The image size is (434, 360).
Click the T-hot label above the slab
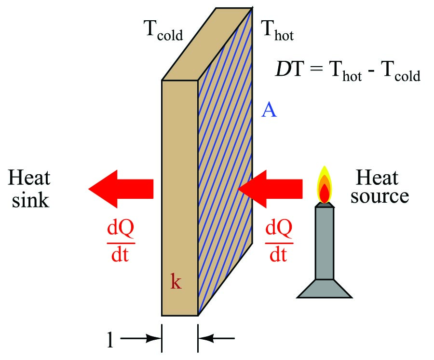point(277,31)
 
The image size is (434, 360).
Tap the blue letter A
point(269,111)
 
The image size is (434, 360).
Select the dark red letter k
point(176,281)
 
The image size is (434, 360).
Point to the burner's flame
point(325,186)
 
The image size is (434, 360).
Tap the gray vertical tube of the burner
point(324,241)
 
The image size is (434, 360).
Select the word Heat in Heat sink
point(29,179)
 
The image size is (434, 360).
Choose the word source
point(380,196)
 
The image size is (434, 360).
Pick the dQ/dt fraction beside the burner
point(278,242)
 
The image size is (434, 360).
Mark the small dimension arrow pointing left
point(217,339)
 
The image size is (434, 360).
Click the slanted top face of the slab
point(207,43)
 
